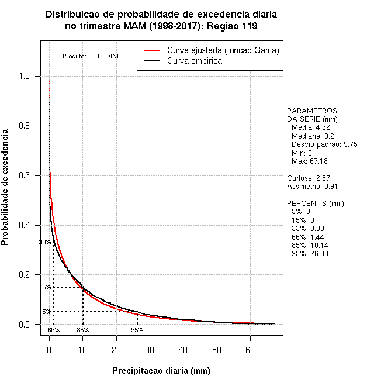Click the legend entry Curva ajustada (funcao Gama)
[x=223, y=50]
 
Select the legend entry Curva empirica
[x=194, y=61]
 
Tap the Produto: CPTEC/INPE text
[x=93, y=56]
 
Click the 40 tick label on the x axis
[x=183, y=350]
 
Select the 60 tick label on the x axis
[x=250, y=350]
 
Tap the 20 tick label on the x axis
[x=116, y=350]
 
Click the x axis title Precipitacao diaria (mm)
[x=161, y=371]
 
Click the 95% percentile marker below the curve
[x=137, y=330]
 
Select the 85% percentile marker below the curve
[x=82, y=330]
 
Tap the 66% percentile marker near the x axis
[x=53, y=330]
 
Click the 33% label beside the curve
[x=44, y=242]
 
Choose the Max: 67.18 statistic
[x=309, y=161]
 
